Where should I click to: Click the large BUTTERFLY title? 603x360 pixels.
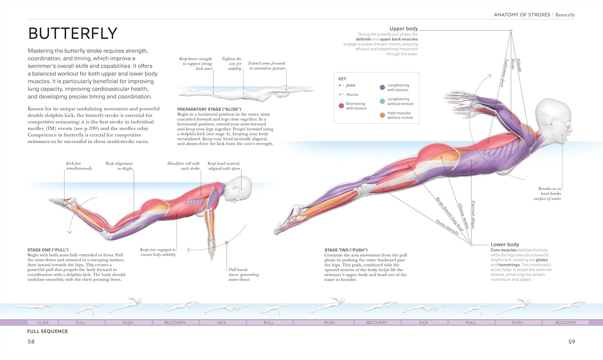click(x=73, y=34)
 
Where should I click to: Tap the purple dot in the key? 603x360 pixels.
click(x=382, y=88)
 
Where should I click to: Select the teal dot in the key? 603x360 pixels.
click(x=382, y=101)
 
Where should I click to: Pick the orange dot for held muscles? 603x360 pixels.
click(x=382, y=115)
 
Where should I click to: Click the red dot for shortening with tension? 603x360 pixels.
click(x=341, y=106)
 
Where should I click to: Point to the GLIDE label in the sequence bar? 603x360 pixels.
click(x=43, y=323)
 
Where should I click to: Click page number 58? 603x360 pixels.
click(x=31, y=342)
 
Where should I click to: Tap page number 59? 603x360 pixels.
click(x=572, y=342)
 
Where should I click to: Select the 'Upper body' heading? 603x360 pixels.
click(x=404, y=29)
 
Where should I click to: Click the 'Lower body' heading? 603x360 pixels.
click(x=505, y=244)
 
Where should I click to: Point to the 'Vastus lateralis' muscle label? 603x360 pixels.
click(x=447, y=227)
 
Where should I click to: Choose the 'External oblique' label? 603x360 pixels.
click(x=473, y=215)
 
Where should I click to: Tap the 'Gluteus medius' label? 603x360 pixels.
click(x=464, y=216)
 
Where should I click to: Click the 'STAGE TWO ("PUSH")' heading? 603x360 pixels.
click(x=346, y=250)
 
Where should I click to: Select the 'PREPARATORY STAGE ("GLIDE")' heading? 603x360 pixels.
click(x=209, y=109)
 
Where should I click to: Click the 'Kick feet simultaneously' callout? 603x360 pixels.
click(x=79, y=166)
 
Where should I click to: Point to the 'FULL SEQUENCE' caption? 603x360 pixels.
click(x=47, y=331)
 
